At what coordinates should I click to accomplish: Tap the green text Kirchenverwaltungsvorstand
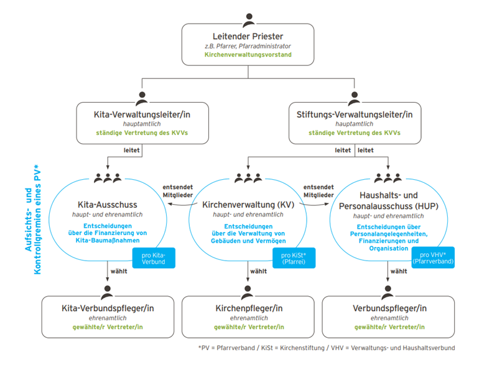click(x=248, y=55)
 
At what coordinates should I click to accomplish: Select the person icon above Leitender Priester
click(x=248, y=19)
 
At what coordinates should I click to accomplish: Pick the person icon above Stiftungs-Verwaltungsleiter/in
click(x=355, y=98)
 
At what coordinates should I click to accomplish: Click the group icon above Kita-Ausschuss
click(x=107, y=179)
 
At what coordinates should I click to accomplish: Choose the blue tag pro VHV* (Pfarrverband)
click(x=433, y=258)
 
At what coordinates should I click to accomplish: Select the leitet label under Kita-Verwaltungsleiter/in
click(x=132, y=151)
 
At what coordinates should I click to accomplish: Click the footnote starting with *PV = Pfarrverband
click(x=326, y=348)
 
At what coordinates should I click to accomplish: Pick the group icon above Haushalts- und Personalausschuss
click(x=389, y=179)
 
